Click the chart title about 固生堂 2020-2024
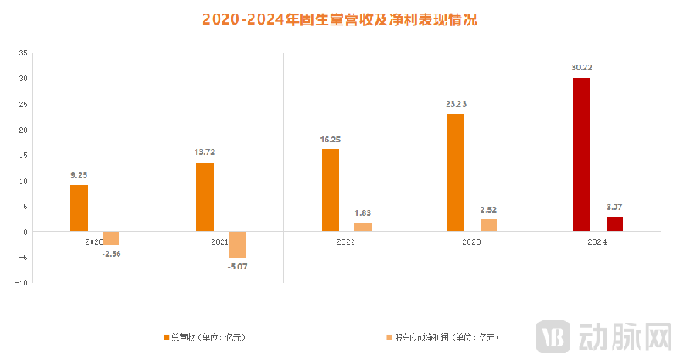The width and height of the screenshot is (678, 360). click(x=339, y=19)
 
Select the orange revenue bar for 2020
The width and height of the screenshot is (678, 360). click(x=79, y=208)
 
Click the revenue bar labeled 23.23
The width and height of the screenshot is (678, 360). click(x=456, y=173)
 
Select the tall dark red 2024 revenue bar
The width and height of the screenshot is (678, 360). click(x=581, y=155)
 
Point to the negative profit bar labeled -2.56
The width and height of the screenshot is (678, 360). click(x=111, y=238)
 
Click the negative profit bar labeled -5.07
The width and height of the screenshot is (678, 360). click(x=236, y=245)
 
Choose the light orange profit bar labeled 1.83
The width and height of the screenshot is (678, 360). click(x=363, y=227)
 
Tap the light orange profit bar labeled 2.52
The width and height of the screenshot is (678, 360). click(x=488, y=225)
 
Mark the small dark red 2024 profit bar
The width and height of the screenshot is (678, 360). click(x=614, y=224)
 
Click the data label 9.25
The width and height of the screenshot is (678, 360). click(x=79, y=175)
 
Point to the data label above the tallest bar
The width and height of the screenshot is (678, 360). click(x=581, y=67)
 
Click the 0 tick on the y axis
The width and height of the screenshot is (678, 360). click(x=25, y=232)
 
